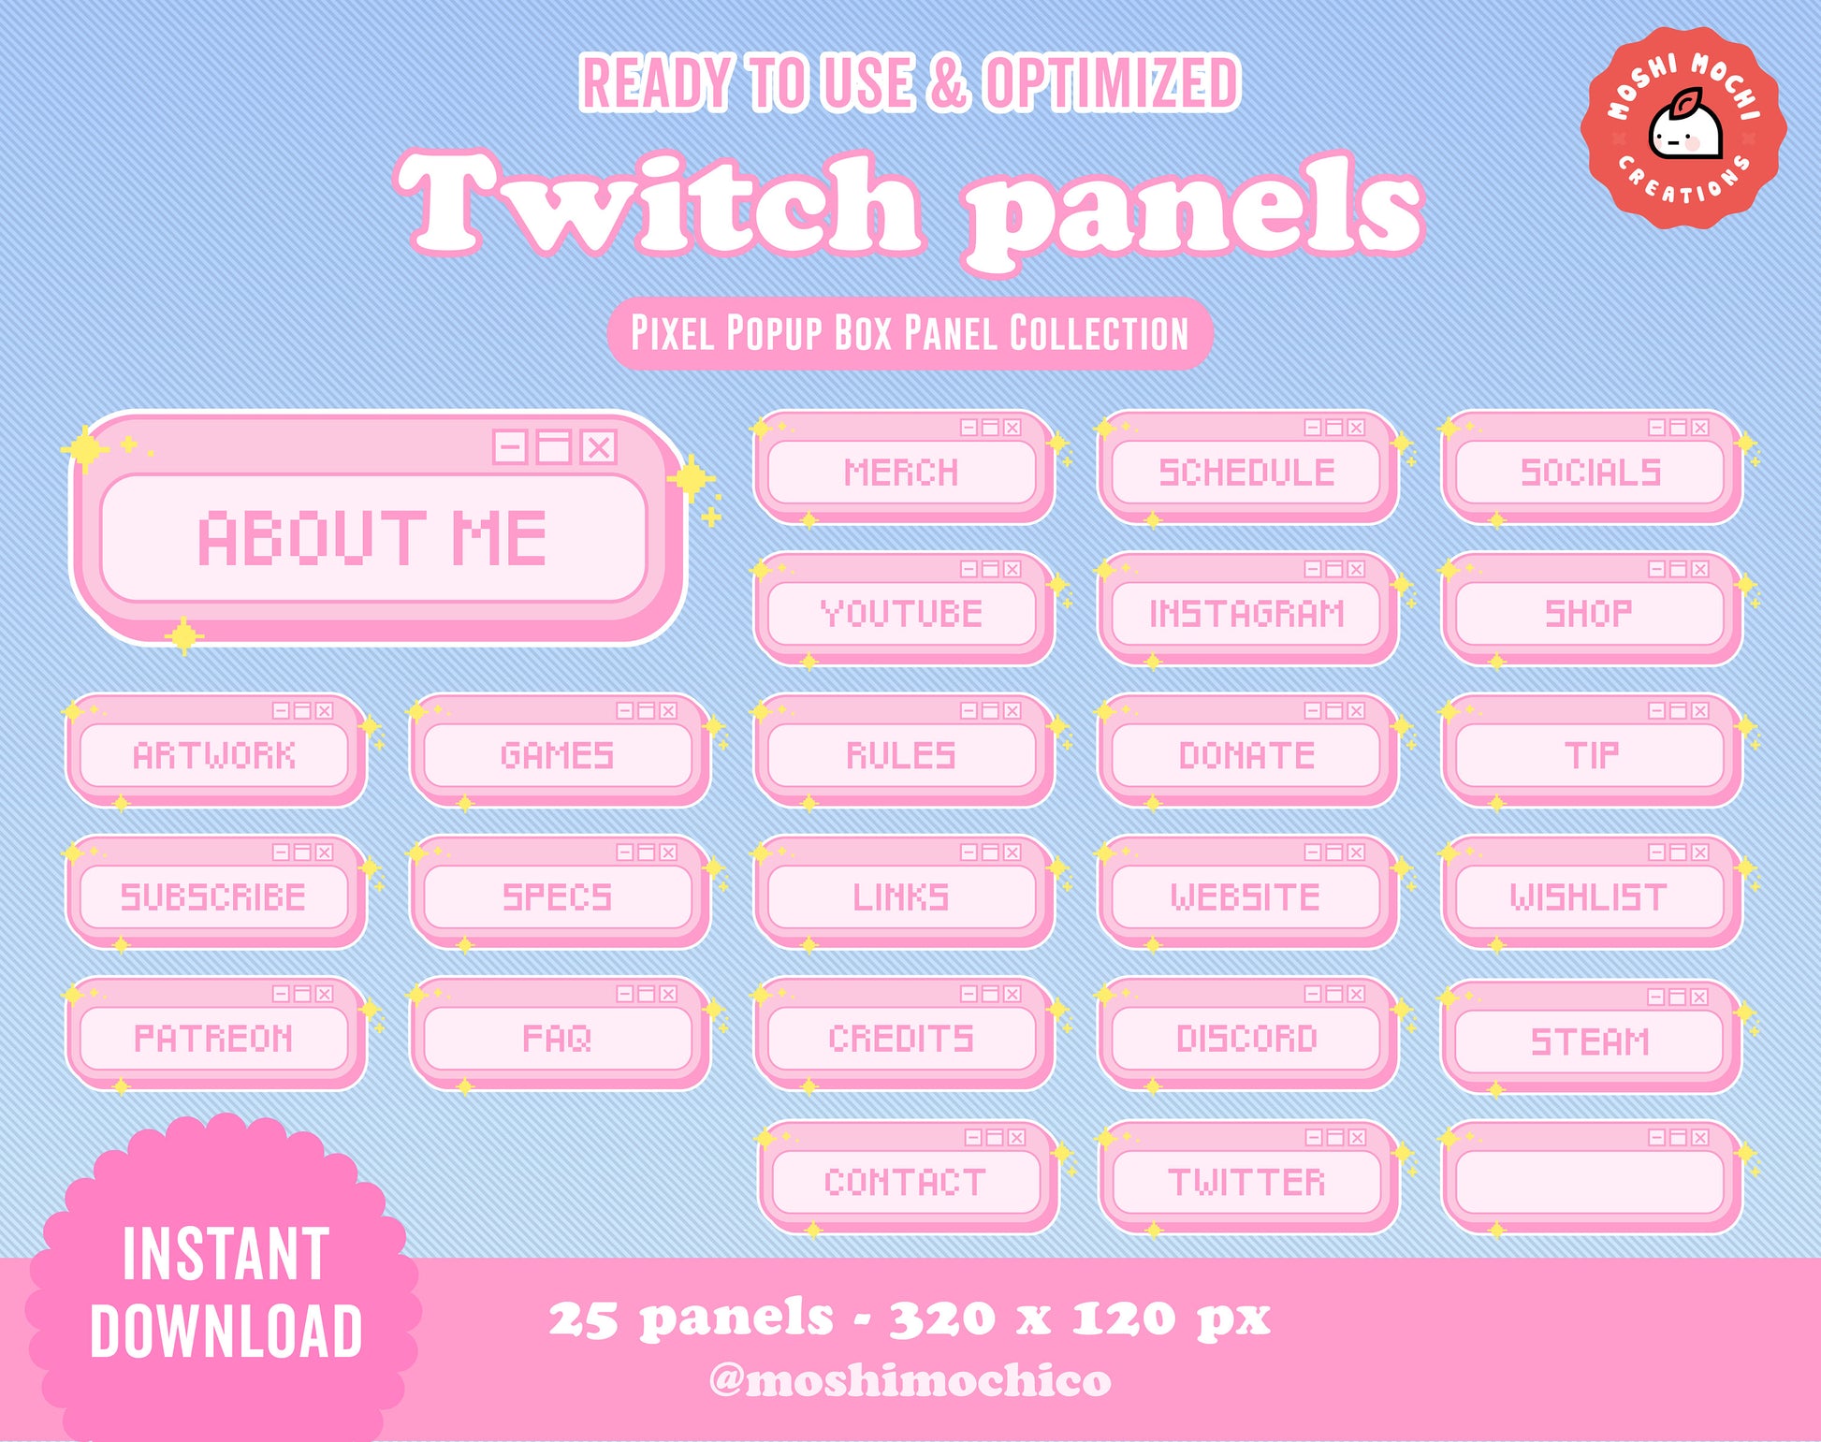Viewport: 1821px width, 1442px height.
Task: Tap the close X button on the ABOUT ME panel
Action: tap(598, 447)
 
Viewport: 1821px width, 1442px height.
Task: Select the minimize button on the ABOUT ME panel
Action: tap(510, 447)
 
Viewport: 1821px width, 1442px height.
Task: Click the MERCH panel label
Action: tap(901, 473)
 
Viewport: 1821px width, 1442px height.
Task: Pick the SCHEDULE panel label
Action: tap(1246, 473)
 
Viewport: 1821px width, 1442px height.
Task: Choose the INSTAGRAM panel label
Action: tap(1246, 614)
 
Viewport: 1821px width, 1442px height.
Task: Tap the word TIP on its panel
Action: tap(1591, 755)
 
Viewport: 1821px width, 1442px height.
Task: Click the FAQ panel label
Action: tap(557, 1038)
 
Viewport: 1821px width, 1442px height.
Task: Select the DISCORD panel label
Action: tap(1246, 1038)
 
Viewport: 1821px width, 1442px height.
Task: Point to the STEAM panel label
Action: tap(1590, 1041)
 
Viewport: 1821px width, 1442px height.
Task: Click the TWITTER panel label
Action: tap(1246, 1182)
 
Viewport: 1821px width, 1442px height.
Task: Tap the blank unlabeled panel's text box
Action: tap(1590, 1182)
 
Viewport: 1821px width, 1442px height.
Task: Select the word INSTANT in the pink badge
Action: tap(226, 1254)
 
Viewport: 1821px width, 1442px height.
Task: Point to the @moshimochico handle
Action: tap(910, 1380)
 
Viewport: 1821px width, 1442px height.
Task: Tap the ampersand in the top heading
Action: tap(948, 82)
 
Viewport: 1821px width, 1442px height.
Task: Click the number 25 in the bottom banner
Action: tap(582, 1319)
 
